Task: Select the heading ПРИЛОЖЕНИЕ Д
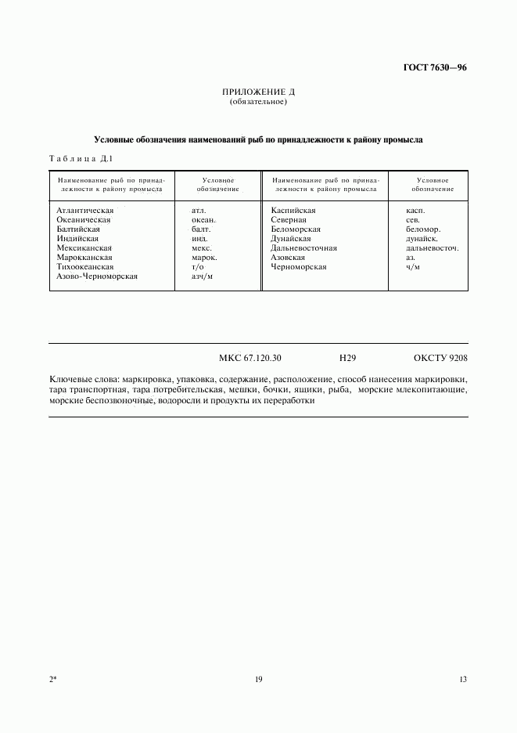(x=258, y=92)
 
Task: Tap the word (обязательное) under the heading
(x=258, y=102)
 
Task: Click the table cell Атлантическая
(x=85, y=210)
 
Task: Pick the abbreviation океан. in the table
(x=203, y=219)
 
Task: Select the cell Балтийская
(x=78, y=229)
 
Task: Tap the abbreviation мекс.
(x=201, y=247)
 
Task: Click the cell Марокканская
(x=84, y=257)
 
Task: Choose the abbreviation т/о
(x=197, y=266)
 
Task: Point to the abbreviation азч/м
(x=202, y=276)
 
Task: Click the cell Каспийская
(x=293, y=210)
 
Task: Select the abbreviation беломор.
(x=423, y=229)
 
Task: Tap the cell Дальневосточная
(x=303, y=247)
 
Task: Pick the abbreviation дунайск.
(x=422, y=238)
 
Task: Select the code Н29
(x=348, y=358)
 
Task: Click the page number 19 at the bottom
(x=258, y=679)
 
